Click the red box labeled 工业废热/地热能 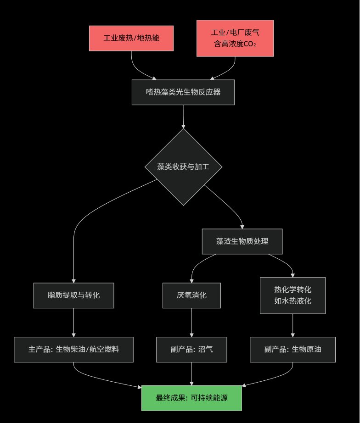pyautogui.click(x=131, y=38)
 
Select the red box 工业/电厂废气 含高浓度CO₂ pyautogui.click(x=235, y=39)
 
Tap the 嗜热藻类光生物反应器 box pyautogui.click(x=183, y=92)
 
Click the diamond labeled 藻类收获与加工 pyautogui.click(x=183, y=167)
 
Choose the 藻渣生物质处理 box pyautogui.click(x=242, y=241)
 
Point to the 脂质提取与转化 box pyautogui.click(x=73, y=295)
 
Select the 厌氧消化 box pyautogui.click(x=191, y=295)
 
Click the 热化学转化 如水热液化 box pyautogui.click(x=292, y=295)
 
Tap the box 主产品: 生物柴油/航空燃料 pyautogui.click(x=73, y=350)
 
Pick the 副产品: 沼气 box pyautogui.click(x=191, y=350)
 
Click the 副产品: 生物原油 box pyautogui.click(x=292, y=350)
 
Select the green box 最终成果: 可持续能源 pyautogui.click(x=191, y=398)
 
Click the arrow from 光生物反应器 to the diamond pyautogui.click(x=183, y=117)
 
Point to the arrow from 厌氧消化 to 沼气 pyautogui.click(x=191, y=323)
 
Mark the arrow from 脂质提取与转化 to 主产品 pyautogui.click(x=73, y=323)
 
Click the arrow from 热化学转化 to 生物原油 pyautogui.click(x=292, y=325)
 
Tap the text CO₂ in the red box pyautogui.click(x=248, y=45)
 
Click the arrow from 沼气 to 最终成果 pyautogui.click(x=191, y=373)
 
